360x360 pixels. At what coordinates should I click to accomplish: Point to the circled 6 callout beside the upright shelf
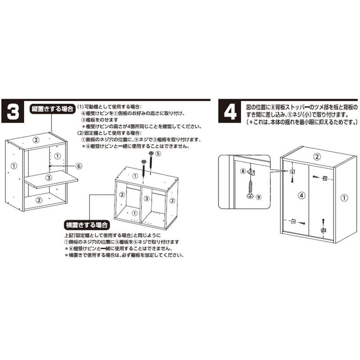point(80,166)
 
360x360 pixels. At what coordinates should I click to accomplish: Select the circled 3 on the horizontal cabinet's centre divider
point(146,199)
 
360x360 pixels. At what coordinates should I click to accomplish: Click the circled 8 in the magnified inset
point(243,171)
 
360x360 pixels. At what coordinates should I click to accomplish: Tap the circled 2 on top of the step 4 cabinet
point(317,157)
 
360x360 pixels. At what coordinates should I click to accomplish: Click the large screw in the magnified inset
point(249,189)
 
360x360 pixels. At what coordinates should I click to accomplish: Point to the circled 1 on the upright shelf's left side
point(14,166)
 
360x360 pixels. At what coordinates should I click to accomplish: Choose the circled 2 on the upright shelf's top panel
point(35,139)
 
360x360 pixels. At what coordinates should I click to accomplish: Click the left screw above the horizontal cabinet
point(144,168)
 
